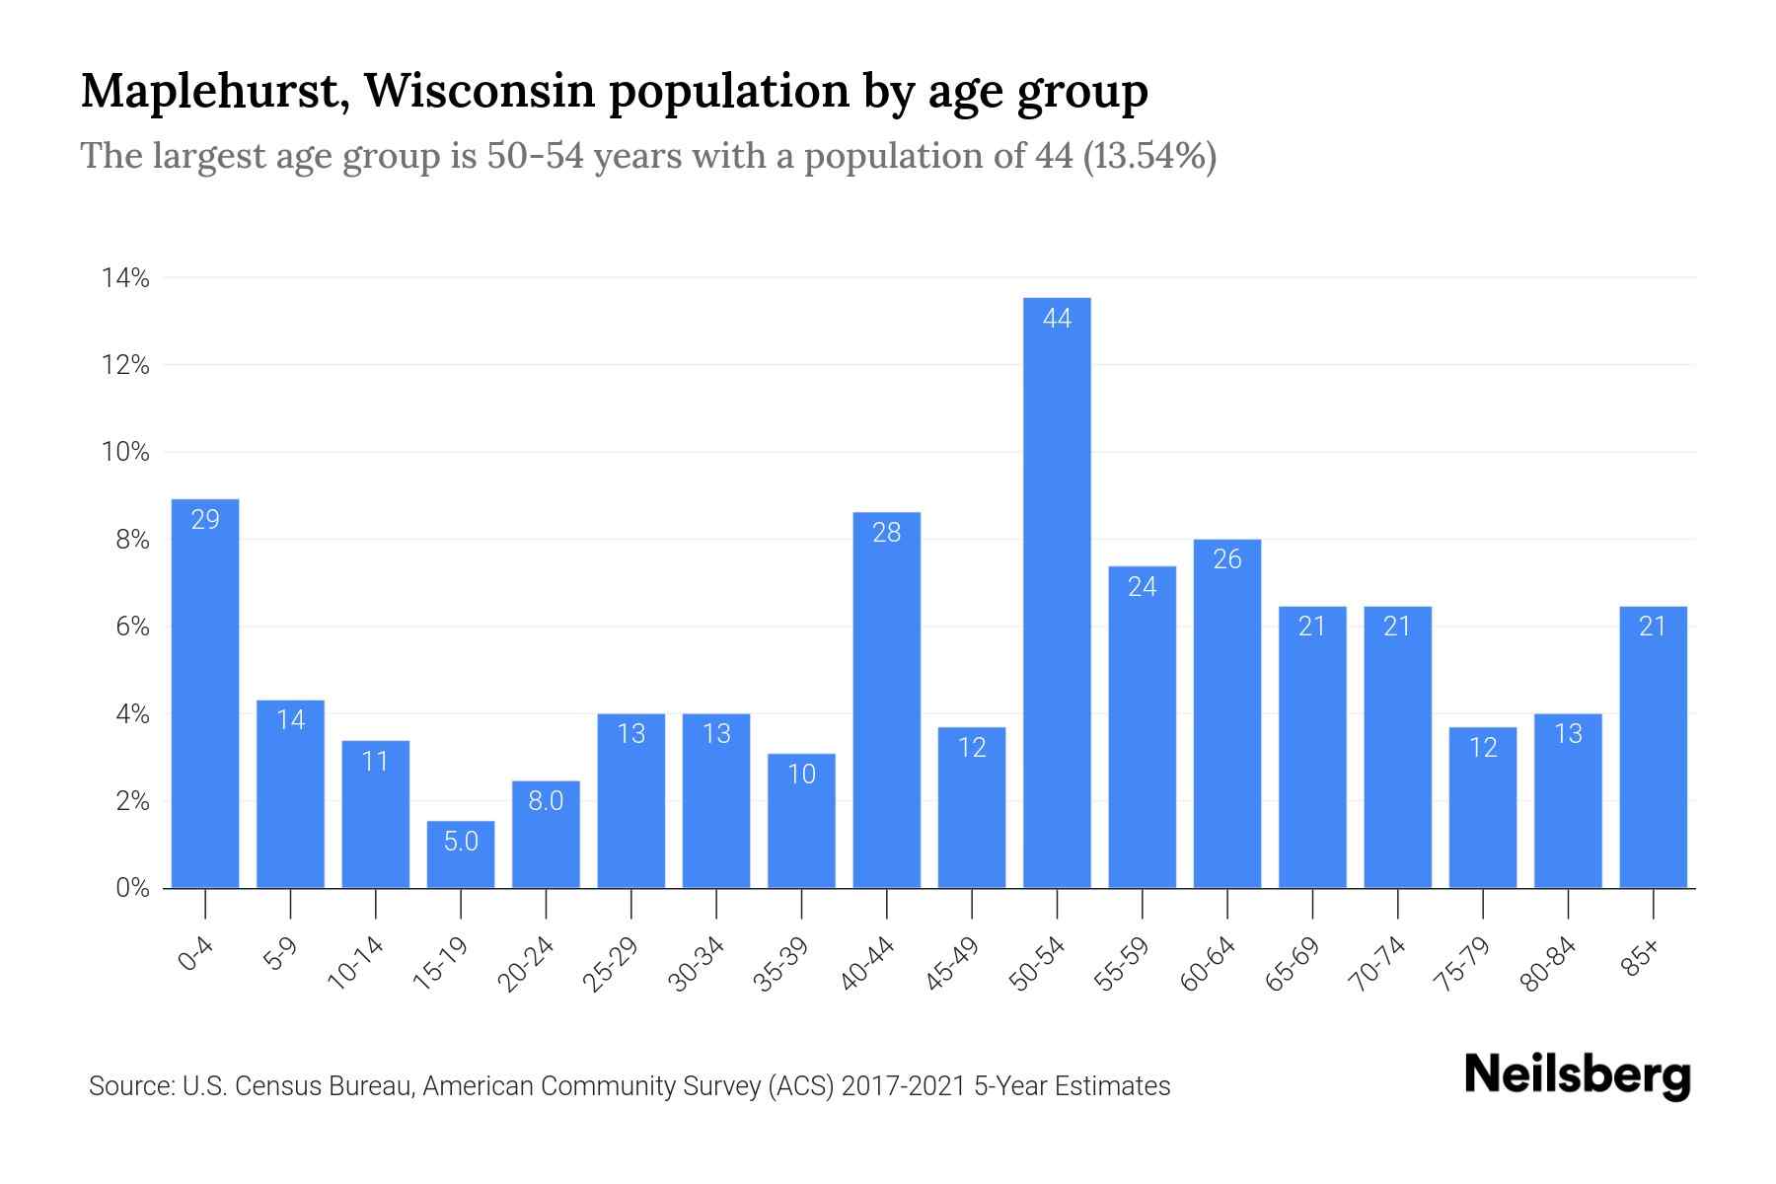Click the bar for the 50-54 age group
click(x=1057, y=592)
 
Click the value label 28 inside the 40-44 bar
click(x=886, y=533)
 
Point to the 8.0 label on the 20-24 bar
click(x=546, y=801)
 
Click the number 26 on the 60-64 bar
click(x=1226, y=559)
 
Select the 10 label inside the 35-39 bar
click(x=801, y=775)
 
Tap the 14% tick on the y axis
click(x=125, y=279)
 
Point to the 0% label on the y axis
click(x=132, y=888)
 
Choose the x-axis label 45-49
click(x=952, y=964)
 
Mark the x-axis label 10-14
click(x=355, y=964)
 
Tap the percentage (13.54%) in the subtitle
click(x=1149, y=156)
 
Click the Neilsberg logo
click(x=1577, y=1074)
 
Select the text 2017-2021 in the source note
click(x=904, y=1086)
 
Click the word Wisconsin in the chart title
click(x=480, y=92)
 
